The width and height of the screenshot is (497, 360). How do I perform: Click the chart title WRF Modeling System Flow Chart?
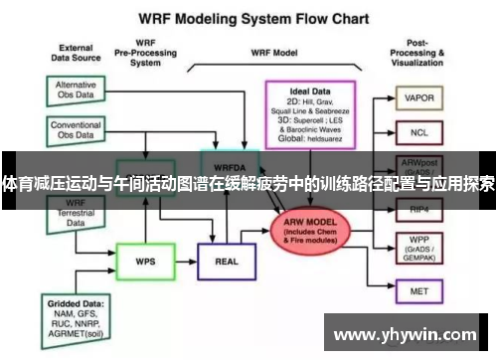[248, 18]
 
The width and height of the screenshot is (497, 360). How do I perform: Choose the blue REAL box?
[225, 261]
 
